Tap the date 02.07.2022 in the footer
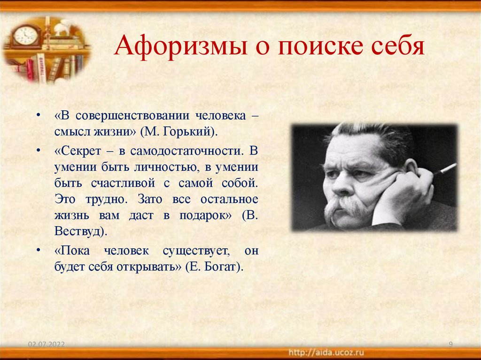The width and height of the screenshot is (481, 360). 46,345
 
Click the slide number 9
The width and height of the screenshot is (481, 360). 450,345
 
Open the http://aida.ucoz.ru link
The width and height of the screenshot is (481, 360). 326,352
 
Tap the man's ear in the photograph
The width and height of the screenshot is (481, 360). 410,168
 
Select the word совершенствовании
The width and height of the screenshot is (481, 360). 141,115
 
